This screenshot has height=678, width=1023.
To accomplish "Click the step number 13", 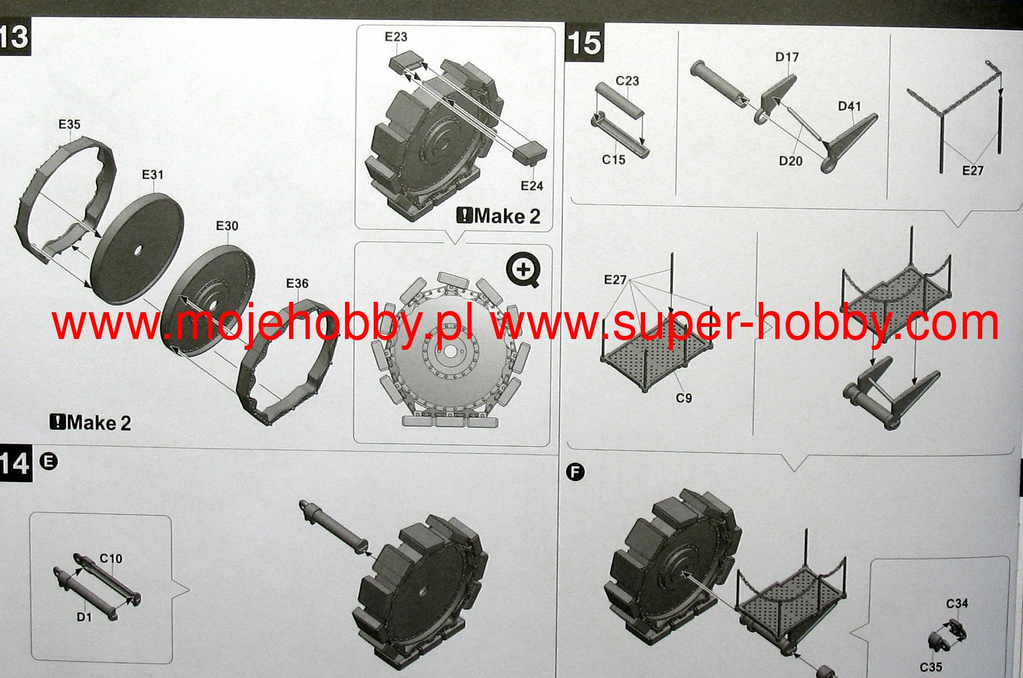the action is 14,37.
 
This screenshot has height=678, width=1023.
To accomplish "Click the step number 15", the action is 584,43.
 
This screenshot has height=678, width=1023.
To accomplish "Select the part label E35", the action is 69,124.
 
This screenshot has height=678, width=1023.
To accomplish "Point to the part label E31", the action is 153,175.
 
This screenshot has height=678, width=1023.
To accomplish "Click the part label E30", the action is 227,226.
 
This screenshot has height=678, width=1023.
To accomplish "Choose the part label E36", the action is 298,283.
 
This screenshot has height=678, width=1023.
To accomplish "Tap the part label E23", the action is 396,37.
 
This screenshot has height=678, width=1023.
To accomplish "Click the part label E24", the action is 532,186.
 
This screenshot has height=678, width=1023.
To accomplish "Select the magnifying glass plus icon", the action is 523,270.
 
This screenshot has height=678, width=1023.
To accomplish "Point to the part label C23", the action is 627,81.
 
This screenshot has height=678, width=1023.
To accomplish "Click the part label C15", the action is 613,159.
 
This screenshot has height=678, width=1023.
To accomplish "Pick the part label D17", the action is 787,57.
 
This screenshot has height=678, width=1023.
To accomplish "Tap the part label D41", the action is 850,106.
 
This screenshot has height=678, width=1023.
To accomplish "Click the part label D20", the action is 791,161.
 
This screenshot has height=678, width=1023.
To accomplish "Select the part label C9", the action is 683,398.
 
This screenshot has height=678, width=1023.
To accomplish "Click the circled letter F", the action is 576,472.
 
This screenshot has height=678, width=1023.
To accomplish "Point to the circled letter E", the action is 49,461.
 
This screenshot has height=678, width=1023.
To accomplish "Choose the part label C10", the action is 111,558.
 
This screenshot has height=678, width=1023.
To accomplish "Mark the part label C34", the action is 957,604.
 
